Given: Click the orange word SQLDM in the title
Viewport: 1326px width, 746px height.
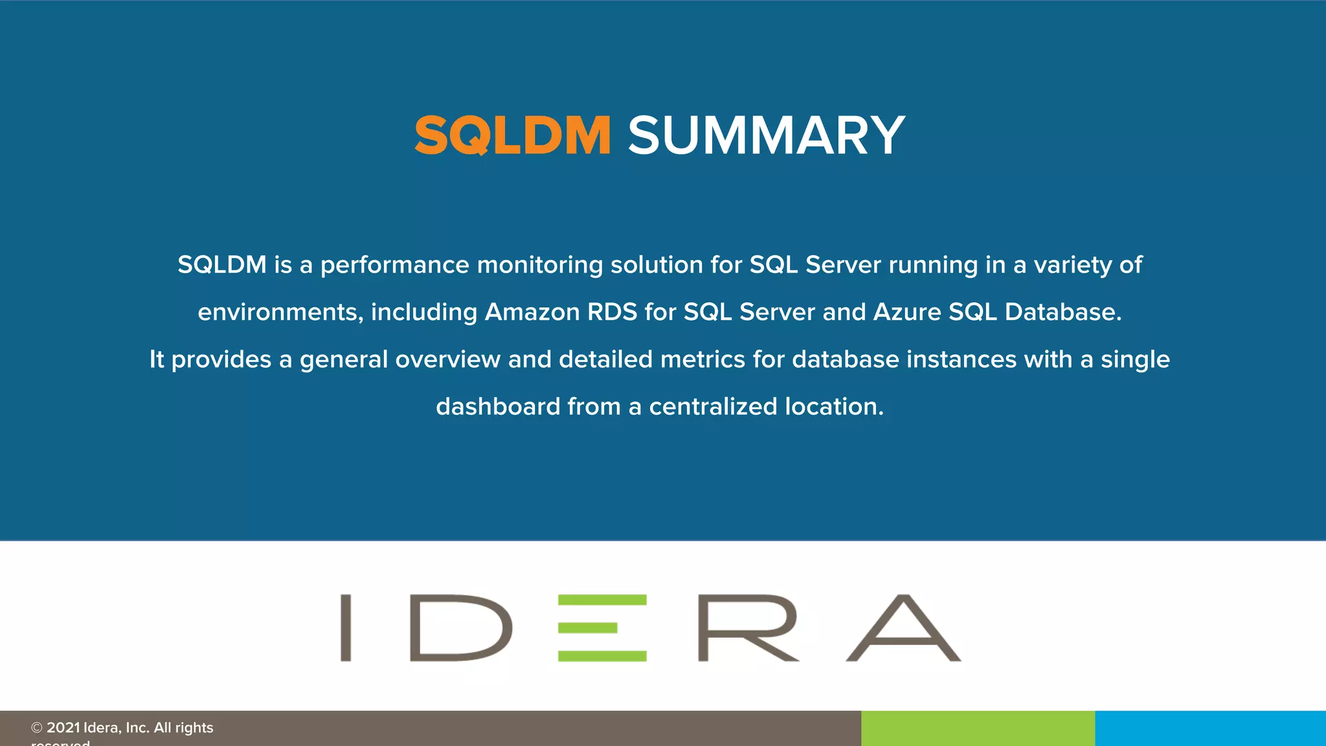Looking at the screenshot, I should click(512, 135).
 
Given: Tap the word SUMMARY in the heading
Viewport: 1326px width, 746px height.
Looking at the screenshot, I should click(766, 135).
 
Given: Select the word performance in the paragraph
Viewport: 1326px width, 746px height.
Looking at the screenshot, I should click(394, 265).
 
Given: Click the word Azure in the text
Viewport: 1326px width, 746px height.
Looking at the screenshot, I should click(907, 312).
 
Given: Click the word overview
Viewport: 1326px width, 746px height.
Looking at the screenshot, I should click(447, 359).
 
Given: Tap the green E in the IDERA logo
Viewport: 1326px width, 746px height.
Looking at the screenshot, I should click(602, 627).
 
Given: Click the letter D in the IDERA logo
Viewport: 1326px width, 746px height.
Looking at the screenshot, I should click(460, 627).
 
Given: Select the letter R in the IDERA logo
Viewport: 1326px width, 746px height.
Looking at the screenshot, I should click(747, 627).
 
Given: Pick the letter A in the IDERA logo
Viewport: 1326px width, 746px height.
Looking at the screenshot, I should click(904, 627).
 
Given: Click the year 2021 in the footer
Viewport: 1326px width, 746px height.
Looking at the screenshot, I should click(63, 728).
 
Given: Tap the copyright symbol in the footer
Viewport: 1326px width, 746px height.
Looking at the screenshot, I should click(37, 728).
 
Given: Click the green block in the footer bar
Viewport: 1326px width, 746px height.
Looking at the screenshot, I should click(978, 729).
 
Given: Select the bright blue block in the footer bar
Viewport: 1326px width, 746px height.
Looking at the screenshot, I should click(1210, 729).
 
